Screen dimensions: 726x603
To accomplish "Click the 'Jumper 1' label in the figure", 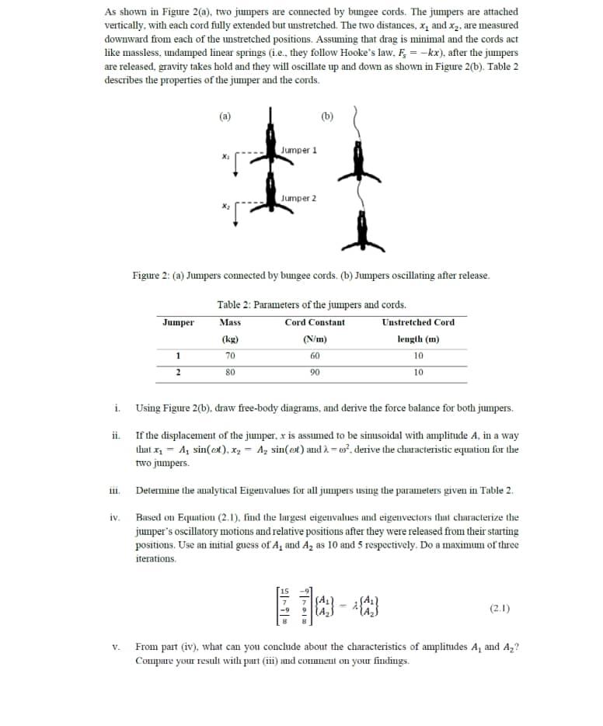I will point(299,149).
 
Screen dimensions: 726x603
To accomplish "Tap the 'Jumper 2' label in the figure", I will point(299,198).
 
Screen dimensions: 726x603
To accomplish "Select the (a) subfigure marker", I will point(225,117).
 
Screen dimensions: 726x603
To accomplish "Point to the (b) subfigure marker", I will point(326,117).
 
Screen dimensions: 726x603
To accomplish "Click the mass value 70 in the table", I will point(230,356).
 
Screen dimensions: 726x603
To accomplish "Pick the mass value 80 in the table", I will point(230,372).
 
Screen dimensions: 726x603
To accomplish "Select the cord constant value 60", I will point(315,356).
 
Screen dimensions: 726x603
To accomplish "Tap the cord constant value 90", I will point(315,372).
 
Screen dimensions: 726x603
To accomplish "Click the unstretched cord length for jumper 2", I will point(418,372).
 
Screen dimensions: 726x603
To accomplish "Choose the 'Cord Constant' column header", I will point(315,322).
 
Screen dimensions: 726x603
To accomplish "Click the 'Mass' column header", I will point(230,322).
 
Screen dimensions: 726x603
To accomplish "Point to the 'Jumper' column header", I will point(179,322).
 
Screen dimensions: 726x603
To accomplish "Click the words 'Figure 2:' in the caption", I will point(152,276).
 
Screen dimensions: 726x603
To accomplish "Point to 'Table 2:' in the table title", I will point(234,304).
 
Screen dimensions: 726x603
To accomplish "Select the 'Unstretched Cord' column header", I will point(418,322).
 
